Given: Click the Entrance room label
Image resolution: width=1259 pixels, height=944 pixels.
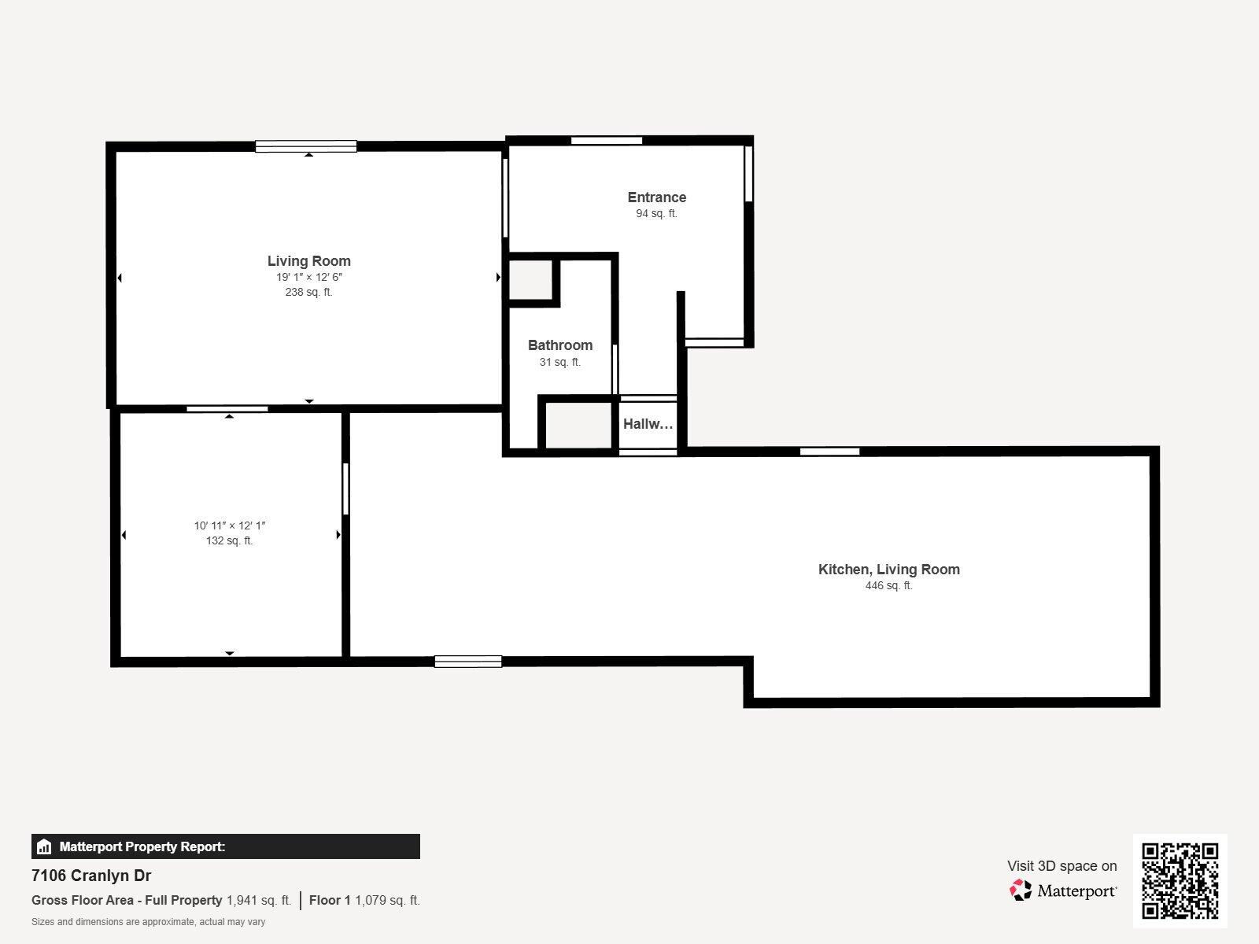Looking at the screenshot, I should tap(656, 197).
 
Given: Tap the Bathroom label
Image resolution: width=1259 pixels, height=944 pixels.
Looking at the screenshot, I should tap(559, 345).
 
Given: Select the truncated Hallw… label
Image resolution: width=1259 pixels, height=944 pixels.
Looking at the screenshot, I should tap(648, 424).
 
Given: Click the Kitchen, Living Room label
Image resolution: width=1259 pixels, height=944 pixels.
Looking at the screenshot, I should tap(888, 570).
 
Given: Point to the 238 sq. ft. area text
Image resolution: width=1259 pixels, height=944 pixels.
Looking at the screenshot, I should tap(308, 292).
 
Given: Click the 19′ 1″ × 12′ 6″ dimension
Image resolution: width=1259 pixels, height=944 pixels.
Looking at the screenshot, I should tap(308, 278).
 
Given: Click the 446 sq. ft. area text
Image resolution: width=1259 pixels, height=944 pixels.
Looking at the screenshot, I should tap(888, 585).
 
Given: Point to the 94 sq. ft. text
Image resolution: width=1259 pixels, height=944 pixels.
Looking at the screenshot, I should tap(656, 213).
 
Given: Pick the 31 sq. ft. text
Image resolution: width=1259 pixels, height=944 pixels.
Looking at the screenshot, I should tap(559, 362).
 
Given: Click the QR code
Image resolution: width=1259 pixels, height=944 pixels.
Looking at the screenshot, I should tap(1180, 880).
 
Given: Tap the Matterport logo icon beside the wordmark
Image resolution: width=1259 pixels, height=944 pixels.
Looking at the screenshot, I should tap(1021, 890).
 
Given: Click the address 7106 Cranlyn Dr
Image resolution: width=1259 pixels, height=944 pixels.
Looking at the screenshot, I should tap(91, 876).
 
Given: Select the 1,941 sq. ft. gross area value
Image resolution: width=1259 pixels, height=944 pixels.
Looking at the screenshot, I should tap(259, 900).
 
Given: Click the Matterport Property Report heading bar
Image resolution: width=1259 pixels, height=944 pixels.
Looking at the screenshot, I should tap(225, 846).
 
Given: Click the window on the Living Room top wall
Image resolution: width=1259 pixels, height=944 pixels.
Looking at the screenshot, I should tap(306, 146).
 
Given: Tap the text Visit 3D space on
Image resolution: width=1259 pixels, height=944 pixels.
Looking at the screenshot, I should tap(1061, 866).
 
